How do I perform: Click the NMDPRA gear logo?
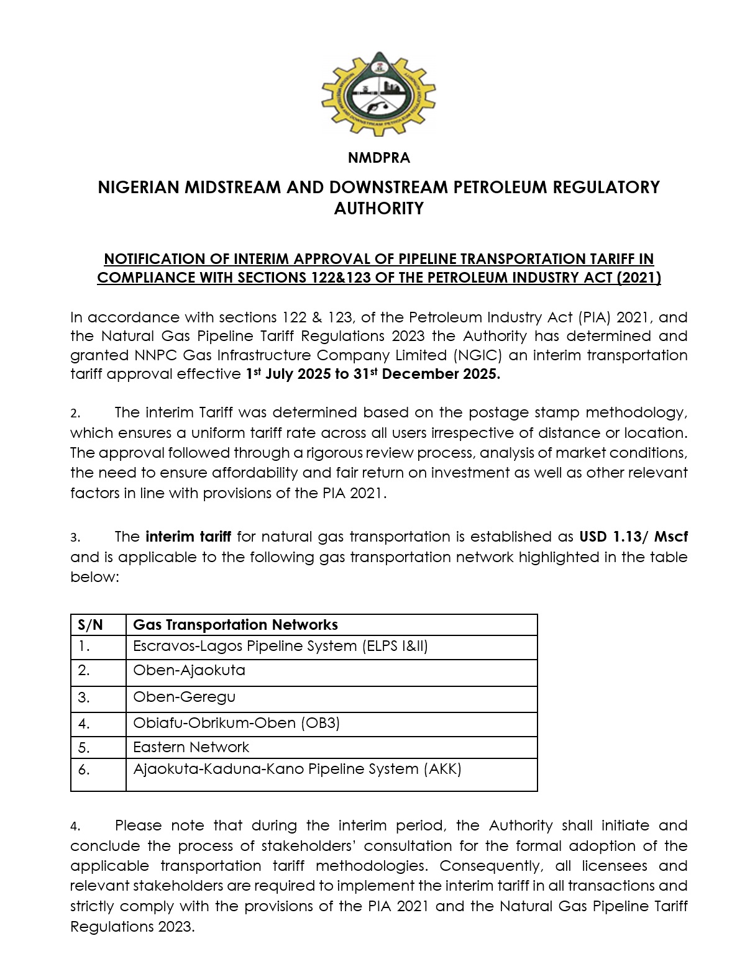click(x=378, y=94)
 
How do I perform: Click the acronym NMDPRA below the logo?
click(x=378, y=158)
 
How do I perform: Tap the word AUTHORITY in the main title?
click(x=378, y=209)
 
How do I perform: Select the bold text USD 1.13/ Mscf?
click(x=633, y=537)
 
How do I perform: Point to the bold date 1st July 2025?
click(x=290, y=374)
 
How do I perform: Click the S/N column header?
click(x=91, y=625)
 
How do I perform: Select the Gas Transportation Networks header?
click(x=236, y=625)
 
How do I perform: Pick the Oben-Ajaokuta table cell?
click(x=189, y=671)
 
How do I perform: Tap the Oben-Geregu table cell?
click(x=184, y=697)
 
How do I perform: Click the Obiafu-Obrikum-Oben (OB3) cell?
click(x=236, y=723)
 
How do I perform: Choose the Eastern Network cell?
click(x=191, y=747)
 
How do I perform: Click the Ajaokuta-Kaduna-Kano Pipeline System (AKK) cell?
click(x=297, y=770)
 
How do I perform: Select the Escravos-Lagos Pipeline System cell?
click(x=280, y=647)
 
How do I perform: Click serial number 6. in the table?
click(x=84, y=770)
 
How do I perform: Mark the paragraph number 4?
click(x=75, y=827)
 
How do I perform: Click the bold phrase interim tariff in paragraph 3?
click(x=188, y=537)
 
